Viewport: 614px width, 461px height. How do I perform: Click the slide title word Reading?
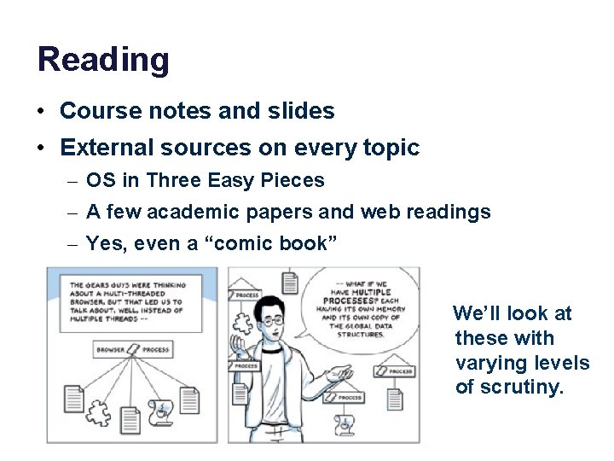pyautogui.click(x=103, y=61)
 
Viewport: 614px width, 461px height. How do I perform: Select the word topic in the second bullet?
pyautogui.click(x=391, y=149)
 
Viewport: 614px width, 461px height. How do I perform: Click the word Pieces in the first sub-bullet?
pyautogui.click(x=295, y=181)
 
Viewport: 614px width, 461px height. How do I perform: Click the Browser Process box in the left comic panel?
pyautogui.click(x=133, y=350)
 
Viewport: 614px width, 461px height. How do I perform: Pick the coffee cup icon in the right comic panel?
pyautogui.click(x=346, y=422)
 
